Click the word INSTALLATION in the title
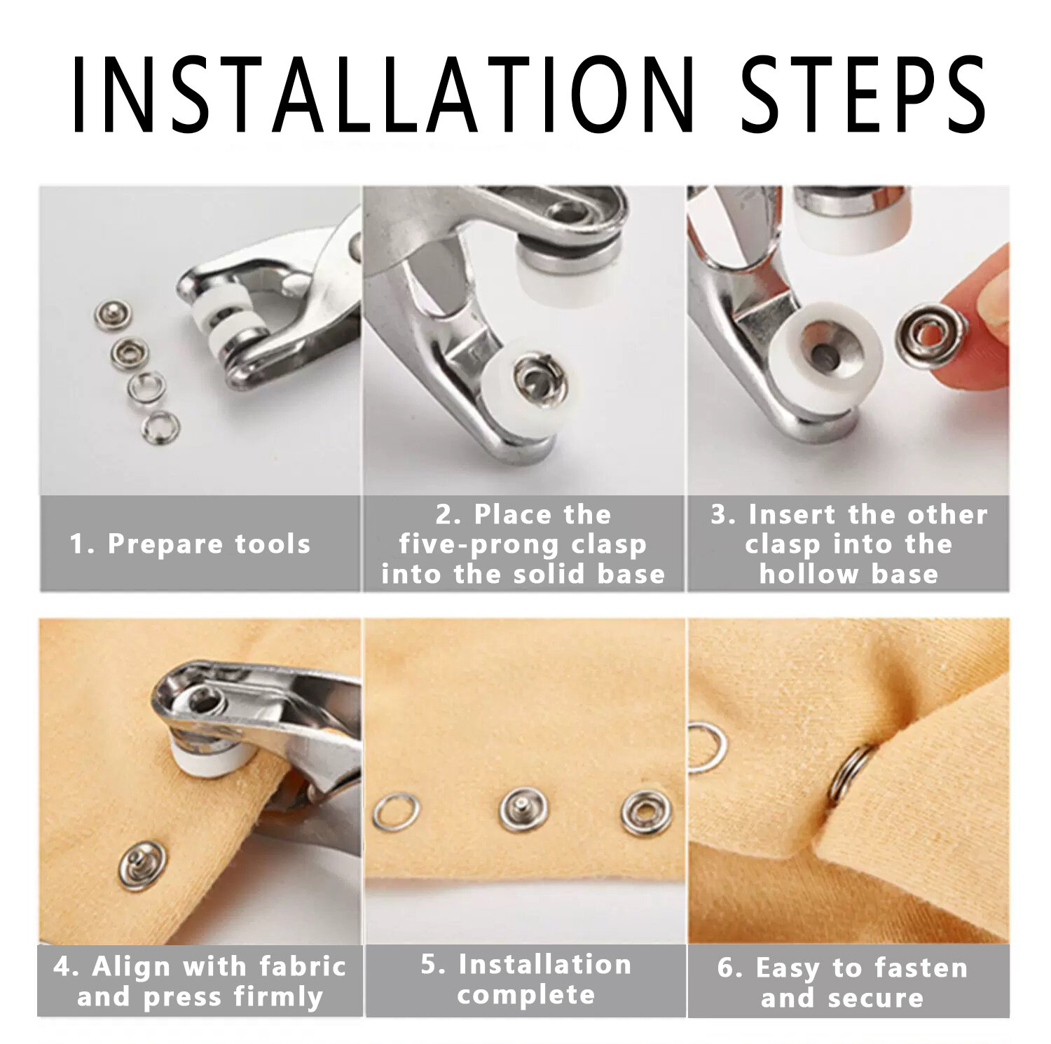(383, 95)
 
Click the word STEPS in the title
(863, 95)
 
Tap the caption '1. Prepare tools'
(190, 544)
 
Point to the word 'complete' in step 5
(525, 995)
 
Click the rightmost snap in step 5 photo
(646, 813)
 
